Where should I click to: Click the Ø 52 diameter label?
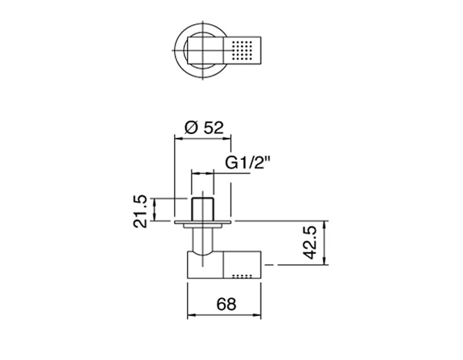(x=204, y=128)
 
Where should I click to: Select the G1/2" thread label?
(x=248, y=163)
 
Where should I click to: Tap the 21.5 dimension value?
(x=140, y=211)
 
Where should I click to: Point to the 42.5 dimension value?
(x=310, y=243)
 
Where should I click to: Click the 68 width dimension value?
(x=226, y=304)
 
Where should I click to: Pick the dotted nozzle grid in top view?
(x=242, y=50)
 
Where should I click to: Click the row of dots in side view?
(x=242, y=277)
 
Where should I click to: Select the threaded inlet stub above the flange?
(x=203, y=209)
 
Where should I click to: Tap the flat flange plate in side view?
(x=203, y=222)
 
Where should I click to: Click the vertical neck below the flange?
(x=203, y=240)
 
